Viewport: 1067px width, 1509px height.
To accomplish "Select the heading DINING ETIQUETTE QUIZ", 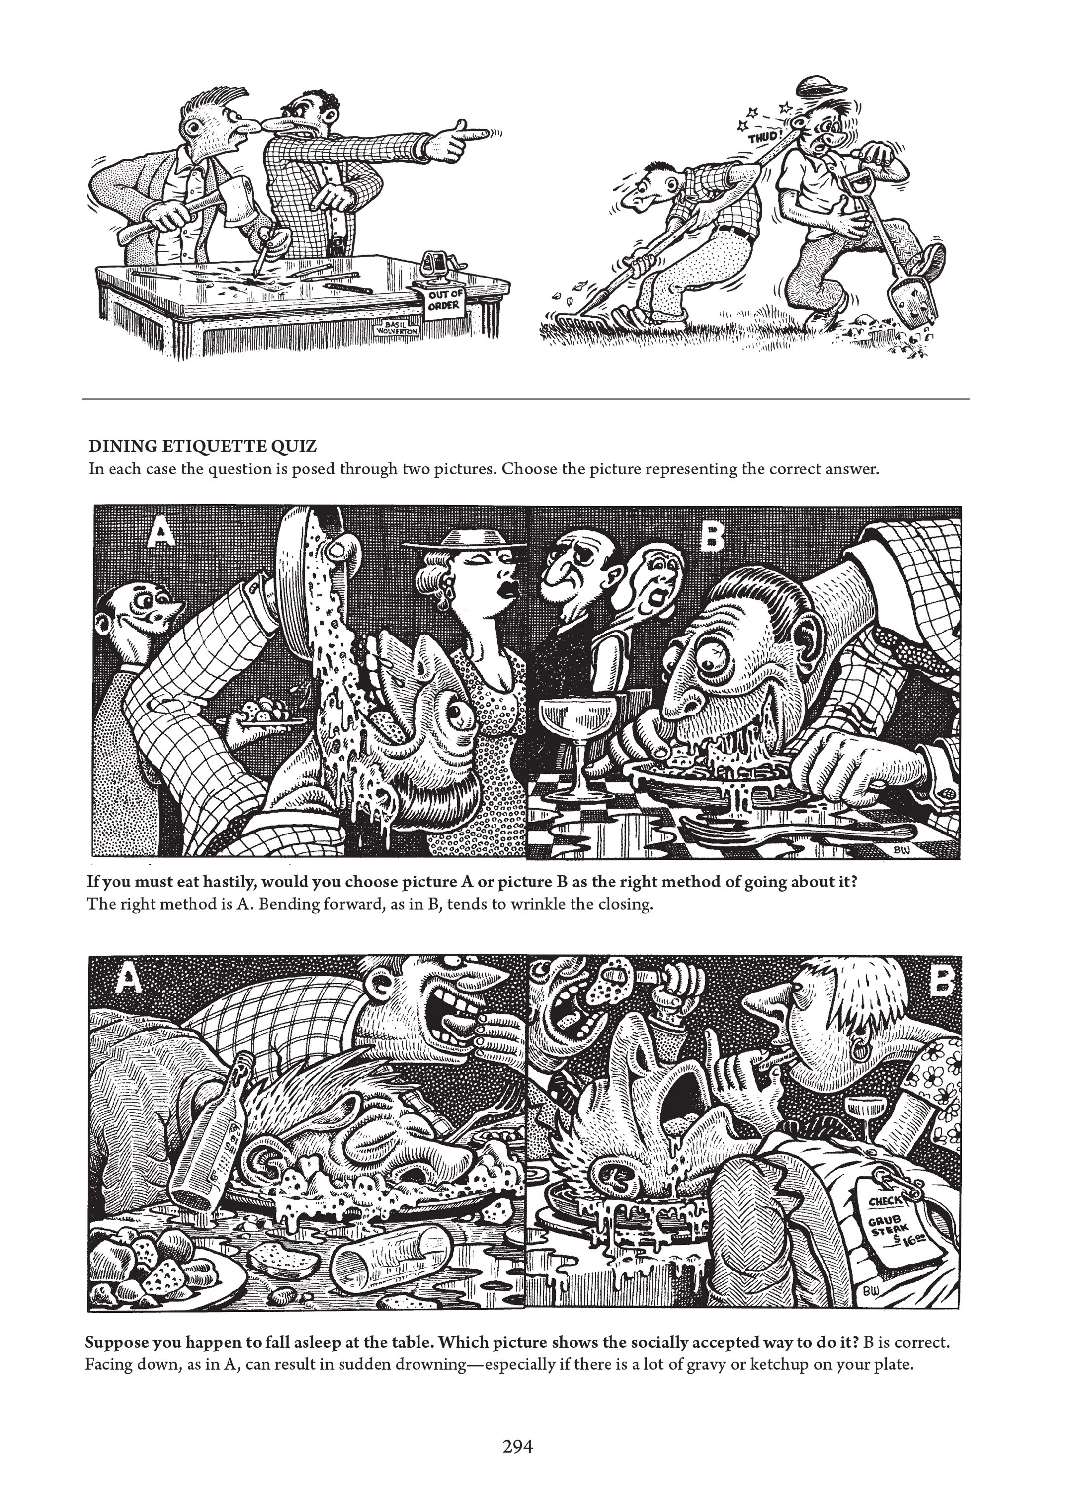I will pos(203,447).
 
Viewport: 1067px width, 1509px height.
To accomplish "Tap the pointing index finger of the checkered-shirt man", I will pos(483,134).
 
